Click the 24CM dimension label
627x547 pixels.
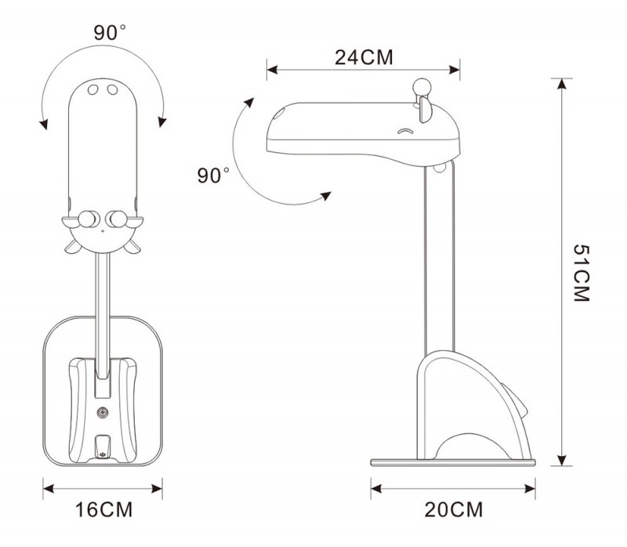click(x=364, y=57)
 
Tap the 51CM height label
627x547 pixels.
click(x=582, y=273)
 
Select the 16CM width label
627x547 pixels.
click(x=103, y=509)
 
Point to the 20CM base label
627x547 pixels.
click(x=454, y=509)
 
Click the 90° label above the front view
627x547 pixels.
click(x=110, y=32)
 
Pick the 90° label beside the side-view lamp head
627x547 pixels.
click(x=213, y=175)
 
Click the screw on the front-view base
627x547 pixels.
click(x=103, y=412)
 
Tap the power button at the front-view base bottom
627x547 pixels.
click(x=103, y=455)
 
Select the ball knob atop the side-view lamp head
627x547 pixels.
click(x=422, y=86)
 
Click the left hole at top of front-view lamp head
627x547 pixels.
click(x=92, y=89)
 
